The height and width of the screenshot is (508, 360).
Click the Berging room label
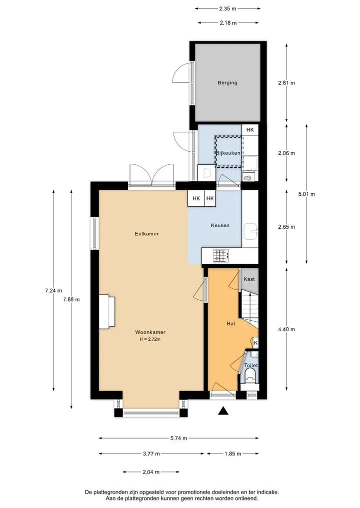coord(227,82)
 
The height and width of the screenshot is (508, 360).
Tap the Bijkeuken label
coord(228,153)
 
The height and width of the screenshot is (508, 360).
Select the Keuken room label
coord(220,225)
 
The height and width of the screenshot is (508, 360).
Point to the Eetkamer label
coord(146,234)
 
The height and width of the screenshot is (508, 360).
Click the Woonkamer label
coord(150,332)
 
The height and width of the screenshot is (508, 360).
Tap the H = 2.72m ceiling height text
coord(150,340)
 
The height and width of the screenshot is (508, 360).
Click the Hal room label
coord(231,323)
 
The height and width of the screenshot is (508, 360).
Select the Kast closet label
coord(249,279)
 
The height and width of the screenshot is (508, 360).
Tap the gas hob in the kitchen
coord(221,256)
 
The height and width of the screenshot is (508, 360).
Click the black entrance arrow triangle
coord(223,411)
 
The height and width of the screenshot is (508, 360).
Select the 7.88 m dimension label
coord(71,299)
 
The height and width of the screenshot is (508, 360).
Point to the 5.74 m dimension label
coord(178,439)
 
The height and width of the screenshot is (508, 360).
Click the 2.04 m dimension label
coord(151,472)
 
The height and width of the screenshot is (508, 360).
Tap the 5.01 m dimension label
coord(306,194)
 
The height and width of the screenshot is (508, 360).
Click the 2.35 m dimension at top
coord(227,9)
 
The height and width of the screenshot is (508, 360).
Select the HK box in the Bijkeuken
coord(250,130)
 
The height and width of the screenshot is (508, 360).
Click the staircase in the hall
coord(249,308)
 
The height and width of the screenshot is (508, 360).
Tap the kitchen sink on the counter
coord(250,231)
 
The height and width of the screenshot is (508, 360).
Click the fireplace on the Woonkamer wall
coord(106,312)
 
